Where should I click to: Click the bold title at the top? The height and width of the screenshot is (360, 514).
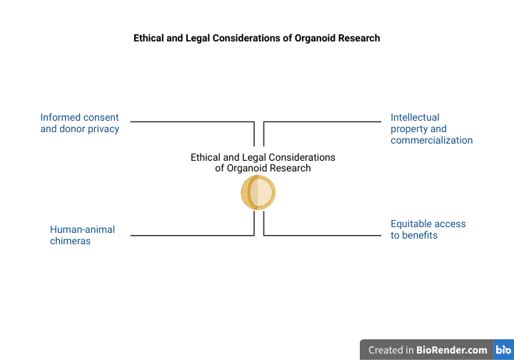[x=257, y=38]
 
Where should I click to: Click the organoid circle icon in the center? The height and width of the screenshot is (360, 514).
[x=258, y=192]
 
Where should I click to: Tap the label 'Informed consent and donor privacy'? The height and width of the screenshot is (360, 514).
[x=79, y=123]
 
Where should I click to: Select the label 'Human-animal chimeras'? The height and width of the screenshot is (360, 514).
[x=82, y=235]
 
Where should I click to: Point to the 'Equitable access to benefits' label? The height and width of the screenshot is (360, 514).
[x=428, y=229]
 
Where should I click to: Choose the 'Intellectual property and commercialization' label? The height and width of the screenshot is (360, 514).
[x=431, y=129]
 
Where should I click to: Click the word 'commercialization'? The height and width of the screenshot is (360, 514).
[x=431, y=140]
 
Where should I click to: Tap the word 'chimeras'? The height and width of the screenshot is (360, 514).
[x=70, y=241]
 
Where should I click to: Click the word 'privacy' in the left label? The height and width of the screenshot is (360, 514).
[x=102, y=129]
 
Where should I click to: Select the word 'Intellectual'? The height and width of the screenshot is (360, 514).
[x=415, y=117]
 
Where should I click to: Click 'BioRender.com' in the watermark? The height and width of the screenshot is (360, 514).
[x=452, y=350]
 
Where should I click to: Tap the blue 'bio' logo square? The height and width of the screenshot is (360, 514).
[x=503, y=350]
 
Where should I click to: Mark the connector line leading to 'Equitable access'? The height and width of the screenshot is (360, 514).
[x=321, y=235]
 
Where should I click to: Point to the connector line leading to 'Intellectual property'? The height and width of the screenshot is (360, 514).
[x=321, y=122]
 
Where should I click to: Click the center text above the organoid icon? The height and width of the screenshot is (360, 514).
[x=263, y=163]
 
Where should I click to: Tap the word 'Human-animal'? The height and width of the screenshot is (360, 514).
[x=82, y=229]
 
